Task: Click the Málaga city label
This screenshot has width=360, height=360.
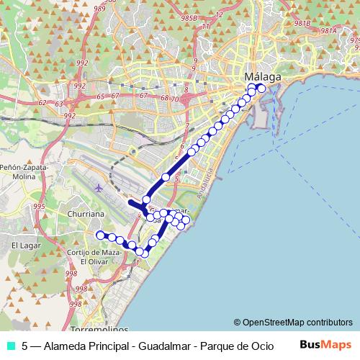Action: (x=263, y=76)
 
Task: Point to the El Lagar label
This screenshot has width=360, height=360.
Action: (x=24, y=246)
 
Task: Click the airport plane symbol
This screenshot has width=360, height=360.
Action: (x=98, y=188)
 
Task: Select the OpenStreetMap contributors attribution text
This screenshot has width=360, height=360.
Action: (x=293, y=322)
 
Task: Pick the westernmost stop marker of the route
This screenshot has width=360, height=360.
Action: (x=100, y=235)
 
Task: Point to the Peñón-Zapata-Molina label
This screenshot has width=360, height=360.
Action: (x=22, y=174)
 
